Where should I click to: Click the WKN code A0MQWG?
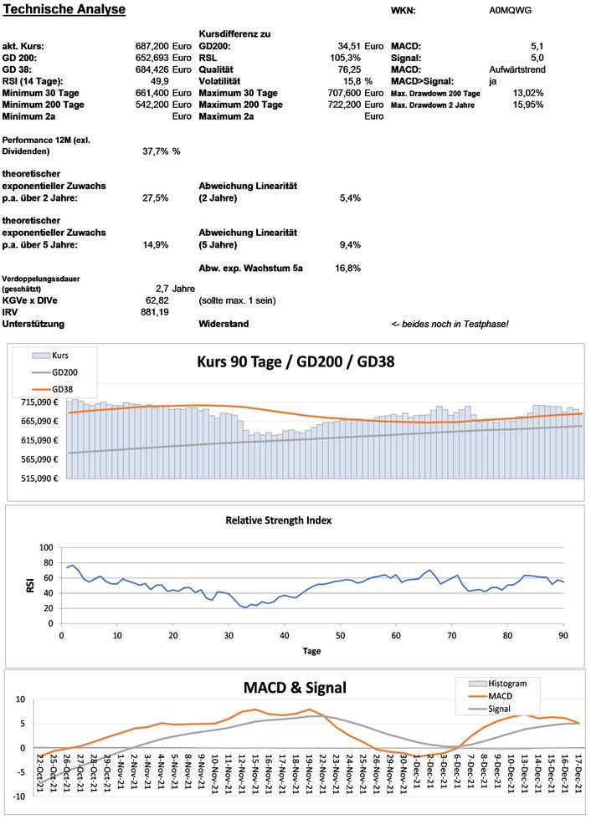point(510,11)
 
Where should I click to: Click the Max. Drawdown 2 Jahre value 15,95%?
point(527,105)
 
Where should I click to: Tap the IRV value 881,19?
point(155,311)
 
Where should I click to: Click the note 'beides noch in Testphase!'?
point(455,324)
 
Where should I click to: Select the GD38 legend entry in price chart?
point(64,389)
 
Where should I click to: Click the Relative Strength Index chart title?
point(290,520)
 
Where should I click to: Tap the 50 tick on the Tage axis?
point(340,637)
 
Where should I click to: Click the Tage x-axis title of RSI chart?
point(311,649)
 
